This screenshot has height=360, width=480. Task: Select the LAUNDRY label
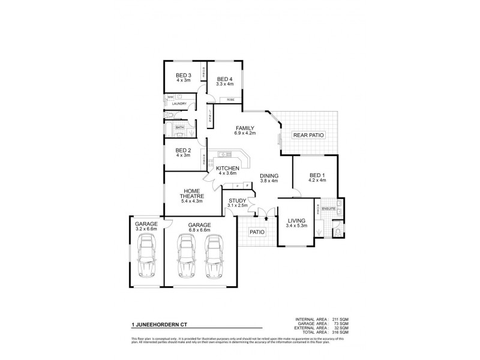click(x=179, y=104)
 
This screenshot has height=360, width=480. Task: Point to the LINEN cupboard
click(x=210, y=116)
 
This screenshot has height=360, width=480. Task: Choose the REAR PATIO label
click(x=308, y=136)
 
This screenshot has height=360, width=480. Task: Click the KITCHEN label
click(x=228, y=168)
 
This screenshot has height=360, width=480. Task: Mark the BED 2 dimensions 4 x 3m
click(x=183, y=155)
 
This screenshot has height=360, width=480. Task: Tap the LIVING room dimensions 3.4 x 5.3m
click(x=296, y=226)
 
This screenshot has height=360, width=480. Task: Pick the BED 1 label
click(x=316, y=175)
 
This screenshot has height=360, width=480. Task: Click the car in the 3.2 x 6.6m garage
click(x=146, y=254)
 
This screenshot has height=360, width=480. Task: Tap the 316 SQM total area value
click(x=340, y=332)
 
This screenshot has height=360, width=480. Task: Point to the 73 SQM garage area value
click(x=341, y=323)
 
